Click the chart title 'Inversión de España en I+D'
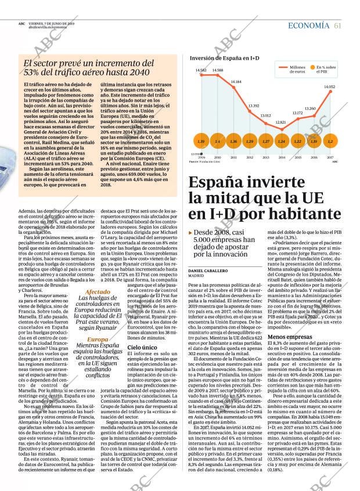click(x=224, y=59)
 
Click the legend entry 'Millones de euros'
click(x=297, y=68)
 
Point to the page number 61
click(x=337, y=26)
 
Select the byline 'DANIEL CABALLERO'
click(x=207, y=272)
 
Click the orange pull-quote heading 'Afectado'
click(x=97, y=293)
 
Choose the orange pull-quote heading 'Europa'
click(x=97, y=340)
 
